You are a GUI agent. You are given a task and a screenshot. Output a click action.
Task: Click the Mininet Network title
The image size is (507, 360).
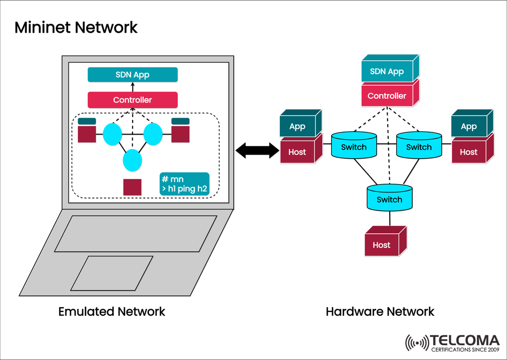(76, 27)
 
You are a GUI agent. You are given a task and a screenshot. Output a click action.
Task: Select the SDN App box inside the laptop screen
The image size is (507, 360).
(133, 75)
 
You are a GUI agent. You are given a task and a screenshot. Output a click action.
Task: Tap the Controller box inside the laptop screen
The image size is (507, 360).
(133, 100)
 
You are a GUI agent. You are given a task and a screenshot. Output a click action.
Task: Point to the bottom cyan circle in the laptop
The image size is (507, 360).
(133, 159)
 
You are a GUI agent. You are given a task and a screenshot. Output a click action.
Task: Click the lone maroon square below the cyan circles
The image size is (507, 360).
(132, 187)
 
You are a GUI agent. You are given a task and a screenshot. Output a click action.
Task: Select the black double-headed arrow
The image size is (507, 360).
(258, 150)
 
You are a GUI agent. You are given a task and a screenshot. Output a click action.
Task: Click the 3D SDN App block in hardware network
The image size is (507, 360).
(388, 72)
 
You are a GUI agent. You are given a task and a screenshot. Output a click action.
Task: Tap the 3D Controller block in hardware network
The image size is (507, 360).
(388, 96)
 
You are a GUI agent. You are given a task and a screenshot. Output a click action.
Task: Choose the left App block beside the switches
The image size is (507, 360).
(298, 127)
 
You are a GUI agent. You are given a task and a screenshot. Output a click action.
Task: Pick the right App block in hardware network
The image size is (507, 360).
(469, 127)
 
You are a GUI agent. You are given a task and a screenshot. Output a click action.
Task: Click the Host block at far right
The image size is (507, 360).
(469, 152)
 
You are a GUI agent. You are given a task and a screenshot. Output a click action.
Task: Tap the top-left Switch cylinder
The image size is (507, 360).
(353, 146)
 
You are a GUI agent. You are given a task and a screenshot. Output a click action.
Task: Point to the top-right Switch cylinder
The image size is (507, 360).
(419, 146)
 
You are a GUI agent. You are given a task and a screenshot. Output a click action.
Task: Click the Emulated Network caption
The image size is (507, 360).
(111, 311)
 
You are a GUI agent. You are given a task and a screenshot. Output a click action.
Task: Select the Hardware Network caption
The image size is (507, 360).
(380, 311)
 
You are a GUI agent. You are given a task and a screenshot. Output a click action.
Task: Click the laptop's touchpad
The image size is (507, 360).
(112, 273)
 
